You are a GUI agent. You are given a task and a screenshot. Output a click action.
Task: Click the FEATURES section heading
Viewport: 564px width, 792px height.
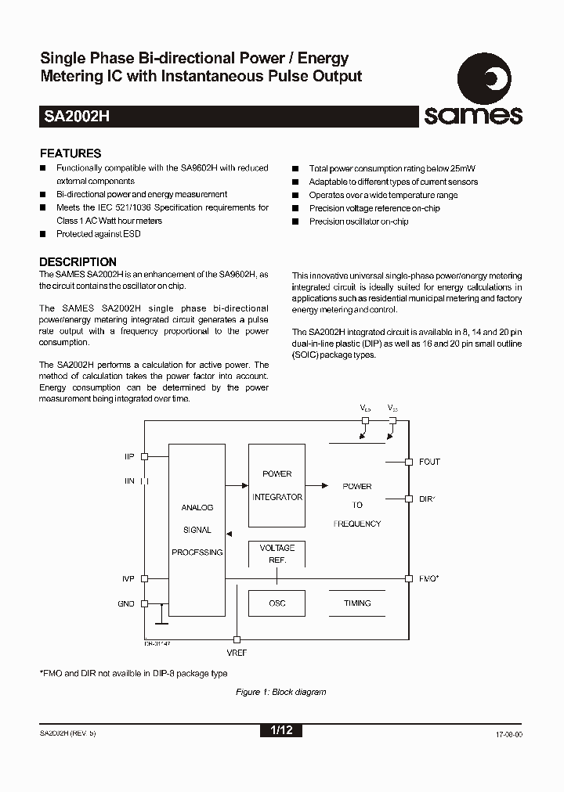[70, 154]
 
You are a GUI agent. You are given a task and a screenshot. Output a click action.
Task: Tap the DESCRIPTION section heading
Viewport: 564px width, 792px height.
[78, 262]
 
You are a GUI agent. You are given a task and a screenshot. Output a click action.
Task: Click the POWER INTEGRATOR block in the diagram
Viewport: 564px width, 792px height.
[277, 485]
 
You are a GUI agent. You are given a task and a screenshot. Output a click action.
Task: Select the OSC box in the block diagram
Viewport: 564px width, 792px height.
[277, 603]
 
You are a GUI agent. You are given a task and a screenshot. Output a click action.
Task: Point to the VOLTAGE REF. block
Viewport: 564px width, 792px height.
[277, 554]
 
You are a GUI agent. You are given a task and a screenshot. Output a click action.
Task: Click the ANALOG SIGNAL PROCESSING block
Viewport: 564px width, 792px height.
[197, 530]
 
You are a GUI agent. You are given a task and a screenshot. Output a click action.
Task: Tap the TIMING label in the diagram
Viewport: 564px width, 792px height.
[357, 603]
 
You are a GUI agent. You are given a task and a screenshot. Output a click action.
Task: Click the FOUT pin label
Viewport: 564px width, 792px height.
[429, 462]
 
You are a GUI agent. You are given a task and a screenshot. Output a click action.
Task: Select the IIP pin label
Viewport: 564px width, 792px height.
[129, 456]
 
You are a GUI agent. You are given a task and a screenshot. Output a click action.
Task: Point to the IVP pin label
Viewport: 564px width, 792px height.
[128, 579]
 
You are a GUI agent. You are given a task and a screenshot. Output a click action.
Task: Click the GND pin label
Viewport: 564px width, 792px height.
[127, 603]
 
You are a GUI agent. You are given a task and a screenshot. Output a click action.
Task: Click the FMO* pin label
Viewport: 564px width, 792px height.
[429, 579]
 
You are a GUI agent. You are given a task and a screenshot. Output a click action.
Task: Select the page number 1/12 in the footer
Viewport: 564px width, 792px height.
[280, 730]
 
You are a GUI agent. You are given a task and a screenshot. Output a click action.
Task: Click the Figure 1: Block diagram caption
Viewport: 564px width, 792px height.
[281, 692]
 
